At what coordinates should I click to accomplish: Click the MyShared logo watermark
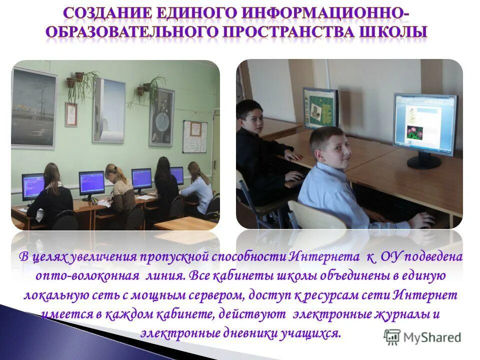click(x=422, y=337)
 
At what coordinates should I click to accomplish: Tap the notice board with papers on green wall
click(x=194, y=136)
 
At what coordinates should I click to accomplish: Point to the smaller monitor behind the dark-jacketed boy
click(x=320, y=107)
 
